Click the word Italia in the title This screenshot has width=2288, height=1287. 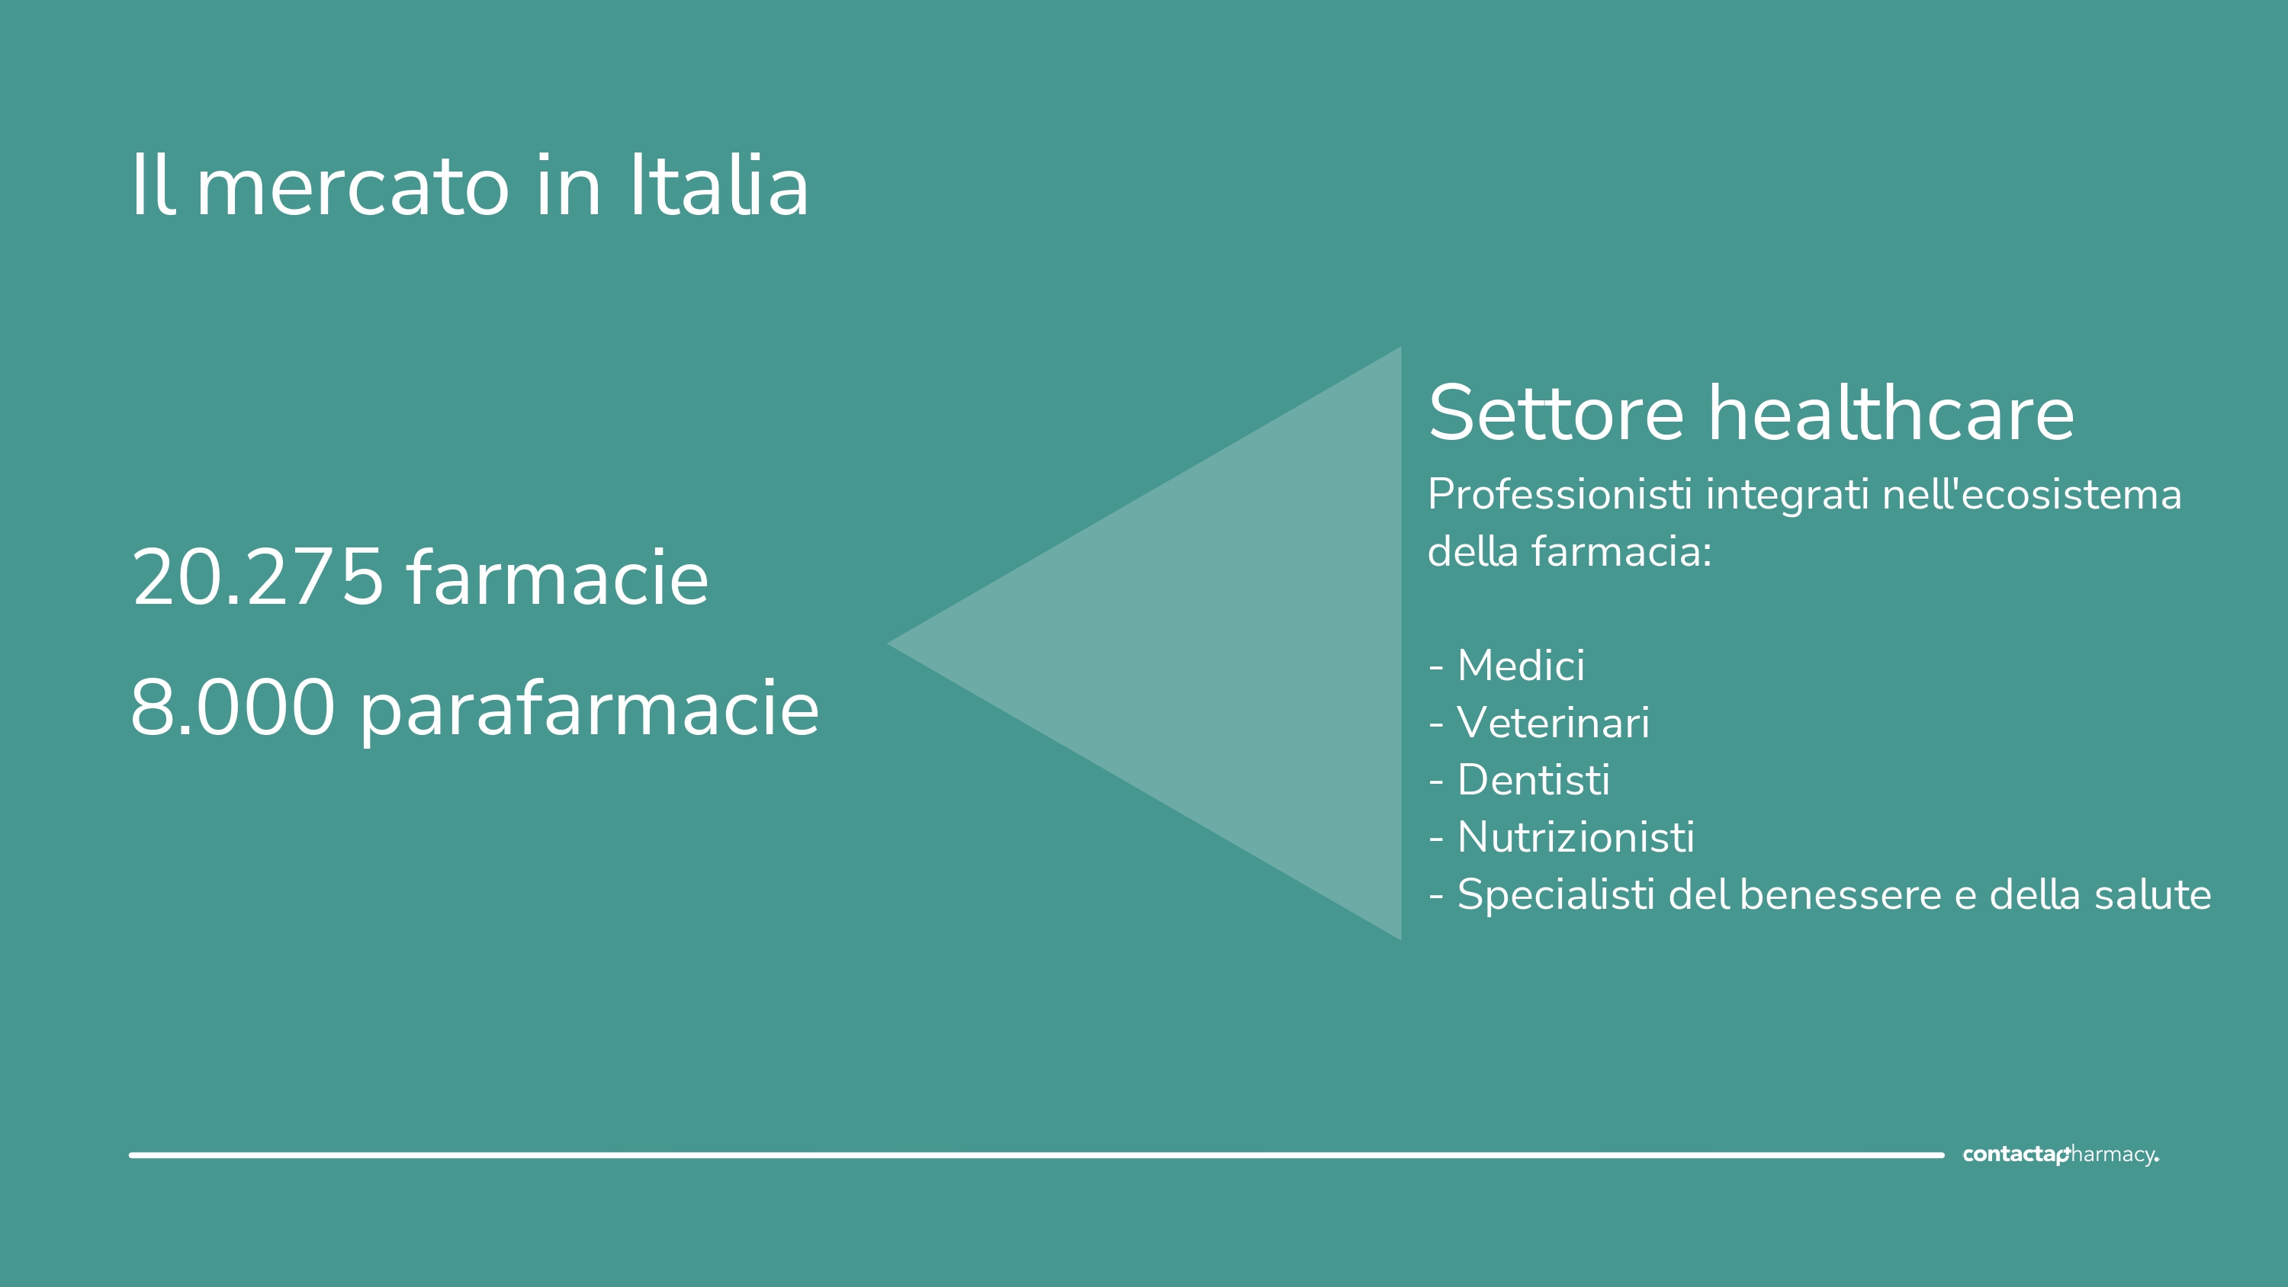coord(718,185)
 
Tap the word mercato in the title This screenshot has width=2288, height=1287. coord(352,188)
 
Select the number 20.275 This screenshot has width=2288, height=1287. coord(257,577)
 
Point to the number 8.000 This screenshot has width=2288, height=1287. coord(233,708)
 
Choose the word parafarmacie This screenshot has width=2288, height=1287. coord(590,711)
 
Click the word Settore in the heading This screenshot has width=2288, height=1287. coord(1556,413)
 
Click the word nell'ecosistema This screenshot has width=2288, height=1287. coord(2031,494)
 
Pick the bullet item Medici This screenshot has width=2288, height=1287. coord(1506,666)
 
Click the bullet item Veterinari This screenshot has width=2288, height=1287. coord(1539,722)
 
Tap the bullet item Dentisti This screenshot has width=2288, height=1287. coord(1518,780)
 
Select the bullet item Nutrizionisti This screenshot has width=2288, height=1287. coord(1561,836)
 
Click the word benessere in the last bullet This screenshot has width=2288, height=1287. coord(1840,894)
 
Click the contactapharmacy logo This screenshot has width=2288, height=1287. coord(2060,1154)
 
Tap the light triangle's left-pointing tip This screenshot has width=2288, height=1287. coord(889,643)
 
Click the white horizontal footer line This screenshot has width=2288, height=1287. coord(1036,1154)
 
